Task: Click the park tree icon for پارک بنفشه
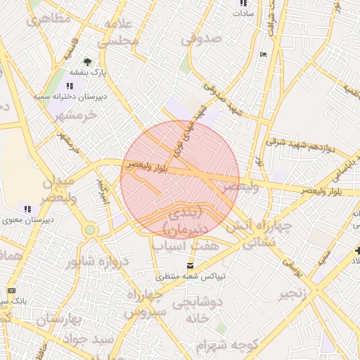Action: (87, 62)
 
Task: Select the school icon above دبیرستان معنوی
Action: (27, 209)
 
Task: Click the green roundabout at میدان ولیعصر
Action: (89, 229)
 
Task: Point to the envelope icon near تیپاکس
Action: (191, 265)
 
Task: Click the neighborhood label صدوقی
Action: (202, 39)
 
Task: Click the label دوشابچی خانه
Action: (195, 309)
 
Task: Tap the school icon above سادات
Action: (243, 3)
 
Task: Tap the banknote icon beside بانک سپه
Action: (11, 290)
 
